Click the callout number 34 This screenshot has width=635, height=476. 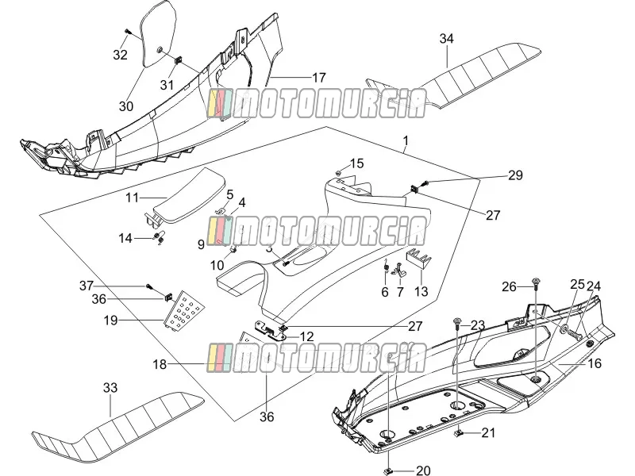point(446,38)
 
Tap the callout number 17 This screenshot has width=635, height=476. point(319,77)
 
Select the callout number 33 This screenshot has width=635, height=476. point(110,387)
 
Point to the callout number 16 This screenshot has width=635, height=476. point(594,363)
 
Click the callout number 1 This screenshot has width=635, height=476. point(406,141)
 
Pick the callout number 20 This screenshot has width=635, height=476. point(423,470)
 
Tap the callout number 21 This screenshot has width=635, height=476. point(488,432)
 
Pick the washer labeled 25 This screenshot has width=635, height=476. point(564,328)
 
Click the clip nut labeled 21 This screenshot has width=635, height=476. point(460,433)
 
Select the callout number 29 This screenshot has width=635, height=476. point(515,175)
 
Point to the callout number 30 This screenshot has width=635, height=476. point(126,106)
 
